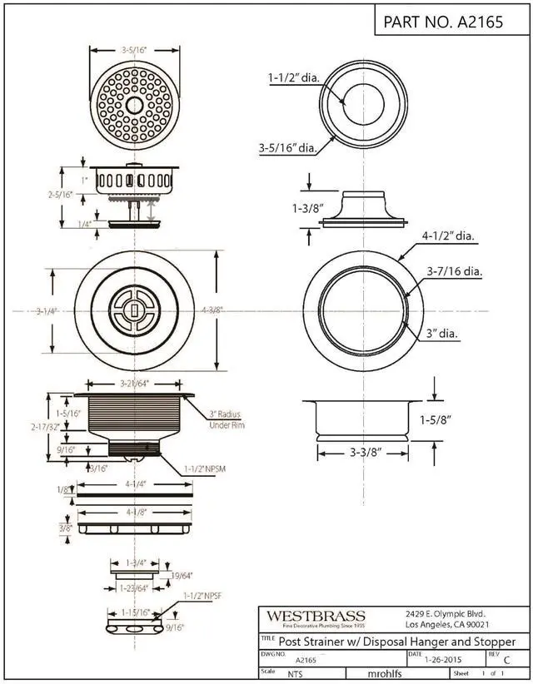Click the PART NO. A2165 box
coord(442,22)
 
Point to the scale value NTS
coord(295,675)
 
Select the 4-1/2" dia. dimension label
coord(448,236)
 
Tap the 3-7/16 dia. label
coord(455,271)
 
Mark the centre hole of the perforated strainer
coord(134,105)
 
